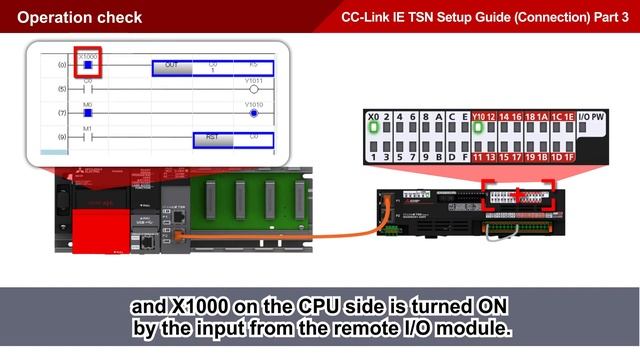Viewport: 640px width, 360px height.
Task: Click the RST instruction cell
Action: click(x=212, y=137)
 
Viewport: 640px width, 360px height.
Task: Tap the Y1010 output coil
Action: click(x=253, y=113)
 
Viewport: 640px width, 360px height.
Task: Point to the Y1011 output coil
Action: click(x=253, y=89)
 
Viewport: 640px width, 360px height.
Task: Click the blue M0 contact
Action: click(x=87, y=113)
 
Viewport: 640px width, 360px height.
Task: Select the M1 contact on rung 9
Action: click(x=87, y=137)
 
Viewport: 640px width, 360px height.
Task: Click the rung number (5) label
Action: click(x=62, y=90)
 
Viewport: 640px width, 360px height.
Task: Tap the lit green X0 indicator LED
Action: click(x=374, y=127)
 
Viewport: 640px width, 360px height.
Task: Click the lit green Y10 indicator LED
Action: click(x=479, y=127)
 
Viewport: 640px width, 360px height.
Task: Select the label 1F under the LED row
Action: click(x=569, y=157)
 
